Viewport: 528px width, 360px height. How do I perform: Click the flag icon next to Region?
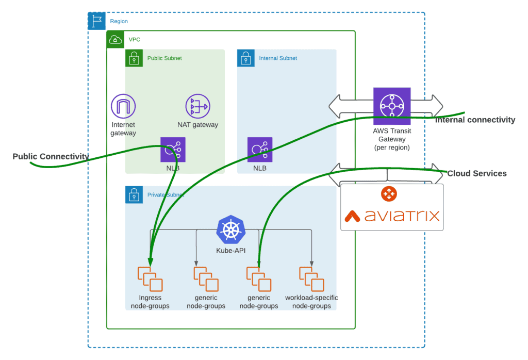[x=96, y=21]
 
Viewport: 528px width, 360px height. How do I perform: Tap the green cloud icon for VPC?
[x=115, y=40]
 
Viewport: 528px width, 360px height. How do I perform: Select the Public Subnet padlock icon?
[x=134, y=58]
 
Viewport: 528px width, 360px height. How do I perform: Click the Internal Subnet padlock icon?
[x=246, y=58]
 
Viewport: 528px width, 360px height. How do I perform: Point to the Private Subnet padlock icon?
[x=134, y=194]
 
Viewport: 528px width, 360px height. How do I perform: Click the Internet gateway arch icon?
[x=123, y=107]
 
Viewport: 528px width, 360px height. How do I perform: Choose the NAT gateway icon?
[x=197, y=107]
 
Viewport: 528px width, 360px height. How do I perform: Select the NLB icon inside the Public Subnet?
[x=173, y=150]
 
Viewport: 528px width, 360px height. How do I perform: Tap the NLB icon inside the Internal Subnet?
[x=259, y=150]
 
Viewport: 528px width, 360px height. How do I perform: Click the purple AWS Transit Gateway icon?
[x=392, y=106]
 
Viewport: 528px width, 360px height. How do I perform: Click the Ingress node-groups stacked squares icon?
[x=150, y=279]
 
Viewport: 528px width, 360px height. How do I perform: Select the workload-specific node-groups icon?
[x=311, y=279]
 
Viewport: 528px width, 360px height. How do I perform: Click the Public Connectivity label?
[x=51, y=156]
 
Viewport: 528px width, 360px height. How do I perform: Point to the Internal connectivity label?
[x=475, y=120]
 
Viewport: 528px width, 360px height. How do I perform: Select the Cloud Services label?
[x=476, y=174]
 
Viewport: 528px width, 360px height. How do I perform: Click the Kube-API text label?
[x=231, y=251]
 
